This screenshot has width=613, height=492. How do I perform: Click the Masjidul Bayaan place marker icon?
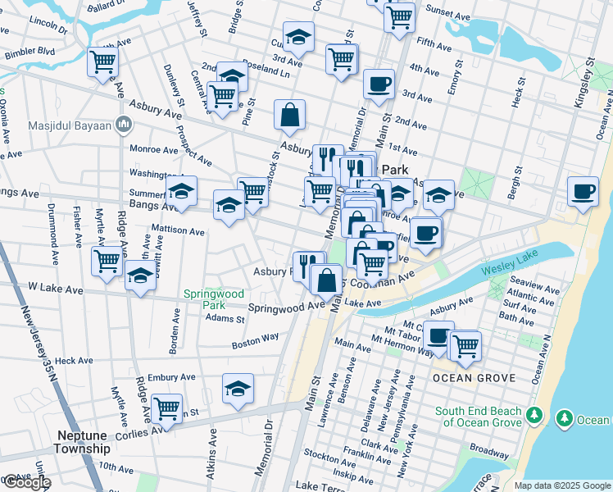click(x=125, y=124)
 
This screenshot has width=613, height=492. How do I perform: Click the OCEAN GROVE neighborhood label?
click(x=474, y=378)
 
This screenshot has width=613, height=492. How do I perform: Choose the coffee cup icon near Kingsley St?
click(x=583, y=192)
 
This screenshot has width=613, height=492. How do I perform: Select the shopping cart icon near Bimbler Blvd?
click(x=103, y=61)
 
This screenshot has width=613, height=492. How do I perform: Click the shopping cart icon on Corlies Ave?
click(x=166, y=408)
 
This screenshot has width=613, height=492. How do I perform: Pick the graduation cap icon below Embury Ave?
click(x=238, y=389)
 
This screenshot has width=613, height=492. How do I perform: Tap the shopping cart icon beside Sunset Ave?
click(x=399, y=16)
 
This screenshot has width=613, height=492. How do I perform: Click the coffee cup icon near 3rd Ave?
click(x=379, y=84)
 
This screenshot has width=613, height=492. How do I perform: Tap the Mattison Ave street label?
click(x=178, y=231)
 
